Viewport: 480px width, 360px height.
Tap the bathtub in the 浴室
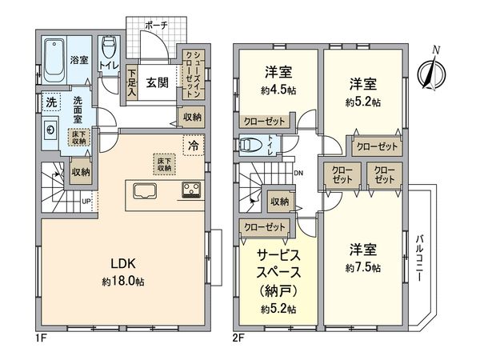coord(53,61)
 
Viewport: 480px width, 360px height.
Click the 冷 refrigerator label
coord(194,146)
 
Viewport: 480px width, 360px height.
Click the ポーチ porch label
coord(155,26)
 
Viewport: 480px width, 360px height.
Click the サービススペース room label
coord(278,263)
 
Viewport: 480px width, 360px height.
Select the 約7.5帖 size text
coord(364,266)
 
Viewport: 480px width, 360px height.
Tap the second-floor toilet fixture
coord(248,146)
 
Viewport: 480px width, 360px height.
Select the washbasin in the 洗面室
coord(50,130)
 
